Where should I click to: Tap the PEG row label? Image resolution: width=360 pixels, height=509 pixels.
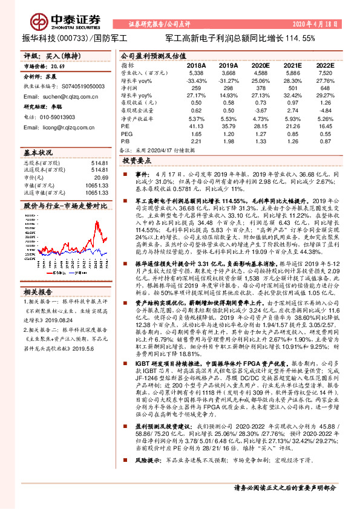(x=125, y=133)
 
